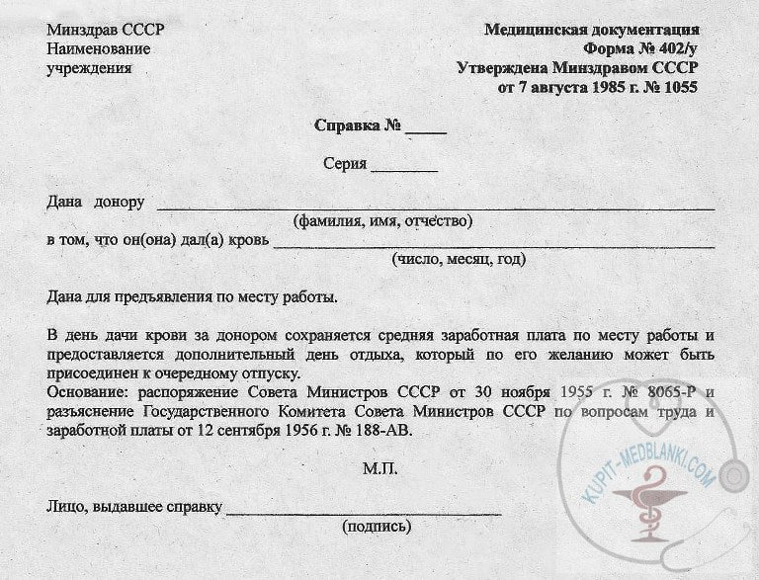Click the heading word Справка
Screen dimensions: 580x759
click(347, 126)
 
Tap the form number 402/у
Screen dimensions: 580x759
click(672, 48)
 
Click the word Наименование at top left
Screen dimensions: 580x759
click(99, 48)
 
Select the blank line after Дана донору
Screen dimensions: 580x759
click(435, 207)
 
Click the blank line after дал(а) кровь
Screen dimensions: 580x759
click(494, 244)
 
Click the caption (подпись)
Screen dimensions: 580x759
click(377, 527)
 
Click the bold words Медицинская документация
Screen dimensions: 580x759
click(592, 30)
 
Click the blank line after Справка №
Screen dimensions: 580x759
click(426, 130)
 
